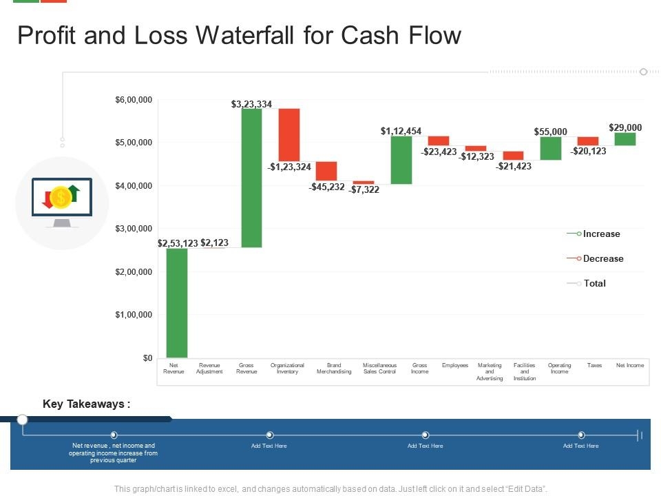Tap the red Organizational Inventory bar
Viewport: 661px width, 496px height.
tap(289, 135)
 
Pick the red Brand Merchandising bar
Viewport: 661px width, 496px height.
tap(326, 171)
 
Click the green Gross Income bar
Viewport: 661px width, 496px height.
tap(401, 160)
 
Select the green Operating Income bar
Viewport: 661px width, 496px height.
tap(551, 148)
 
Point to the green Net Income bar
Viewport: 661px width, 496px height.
tap(625, 139)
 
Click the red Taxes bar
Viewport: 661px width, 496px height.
tap(588, 141)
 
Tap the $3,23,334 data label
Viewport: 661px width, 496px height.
tap(251, 104)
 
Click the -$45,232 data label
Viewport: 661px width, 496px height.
tap(326, 187)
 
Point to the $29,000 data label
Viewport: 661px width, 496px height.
tap(625, 127)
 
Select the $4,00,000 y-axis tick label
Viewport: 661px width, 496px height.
tap(134, 186)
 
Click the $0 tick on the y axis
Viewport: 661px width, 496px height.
tap(147, 358)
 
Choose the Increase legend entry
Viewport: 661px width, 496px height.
tap(601, 234)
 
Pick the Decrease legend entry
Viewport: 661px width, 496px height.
tap(602, 258)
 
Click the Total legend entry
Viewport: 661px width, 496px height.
tap(594, 283)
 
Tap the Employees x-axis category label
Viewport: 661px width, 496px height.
tap(455, 365)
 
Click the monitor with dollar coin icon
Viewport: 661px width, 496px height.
tap(62, 203)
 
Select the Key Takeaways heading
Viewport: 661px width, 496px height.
tap(87, 404)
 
